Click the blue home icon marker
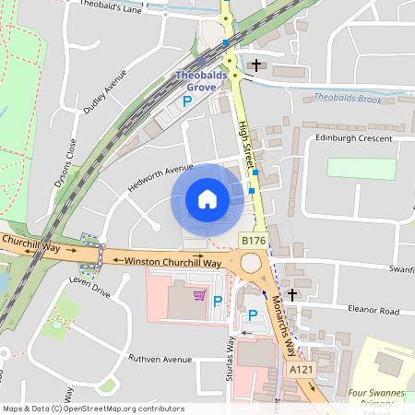pyautogui.click(x=207, y=199)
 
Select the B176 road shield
pyautogui.click(x=254, y=241)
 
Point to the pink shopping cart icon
pyautogui.click(x=199, y=296)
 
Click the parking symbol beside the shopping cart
pyautogui.click(x=219, y=301)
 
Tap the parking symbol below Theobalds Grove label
pyautogui.click(x=187, y=102)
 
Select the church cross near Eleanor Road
pyautogui.click(x=292, y=295)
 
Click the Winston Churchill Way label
pyautogui.click(x=173, y=262)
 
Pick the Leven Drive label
pyautogui.click(x=89, y=292)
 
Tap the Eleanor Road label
pyautogui.click(x=373, y=311)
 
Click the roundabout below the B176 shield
pyautogui.click(x=251, y=264)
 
